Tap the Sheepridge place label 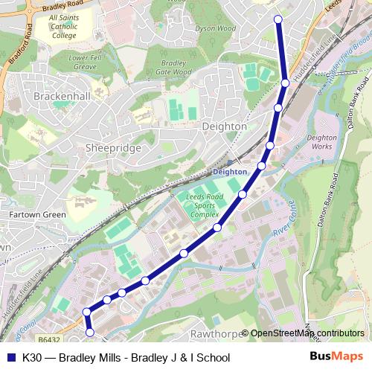pos(113,148)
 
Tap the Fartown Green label pos(37,214)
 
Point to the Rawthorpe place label pos(216,333)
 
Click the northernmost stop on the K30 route pos(278,19)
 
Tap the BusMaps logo pos(336,357)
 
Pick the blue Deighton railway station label pos(229,172)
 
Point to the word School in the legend pos(212,357)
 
